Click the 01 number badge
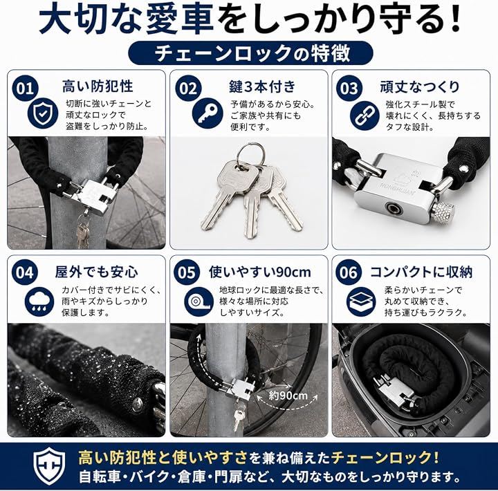25,89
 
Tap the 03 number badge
349,89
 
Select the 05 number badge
187,272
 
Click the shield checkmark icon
43,113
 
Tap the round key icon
207,113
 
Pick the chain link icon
365,115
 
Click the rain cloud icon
39,302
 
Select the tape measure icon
199,302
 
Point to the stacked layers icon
361,302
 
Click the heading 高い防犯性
98,86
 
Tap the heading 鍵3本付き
262,86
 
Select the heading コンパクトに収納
421,272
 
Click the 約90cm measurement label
288,396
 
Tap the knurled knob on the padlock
443,211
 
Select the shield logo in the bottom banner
50,466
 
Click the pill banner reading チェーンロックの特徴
250,53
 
